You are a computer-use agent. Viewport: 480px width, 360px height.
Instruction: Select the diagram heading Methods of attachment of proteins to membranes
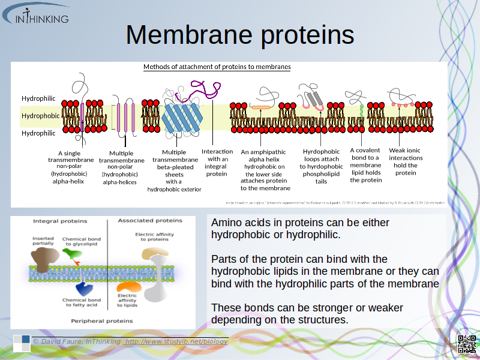[x=217, y=67]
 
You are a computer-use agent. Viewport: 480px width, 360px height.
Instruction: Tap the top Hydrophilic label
[x=38, y=98]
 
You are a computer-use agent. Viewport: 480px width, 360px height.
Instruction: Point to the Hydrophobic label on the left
[x=40, y=116]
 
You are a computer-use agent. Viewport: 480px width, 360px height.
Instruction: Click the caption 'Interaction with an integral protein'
[x=217, y=163]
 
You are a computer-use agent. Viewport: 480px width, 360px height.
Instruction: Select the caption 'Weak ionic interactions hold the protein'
[x=406, y=161]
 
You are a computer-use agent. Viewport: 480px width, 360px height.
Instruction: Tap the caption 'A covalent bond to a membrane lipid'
[x=365, y=165]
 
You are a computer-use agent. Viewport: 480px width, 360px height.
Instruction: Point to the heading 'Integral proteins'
[x=59, y=221]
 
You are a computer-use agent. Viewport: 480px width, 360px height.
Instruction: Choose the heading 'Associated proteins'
[x=150, y=221]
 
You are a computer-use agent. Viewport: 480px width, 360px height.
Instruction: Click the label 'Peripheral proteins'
[x=102, y=321]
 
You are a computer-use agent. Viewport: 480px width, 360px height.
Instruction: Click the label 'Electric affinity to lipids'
[x=127, y=300]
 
